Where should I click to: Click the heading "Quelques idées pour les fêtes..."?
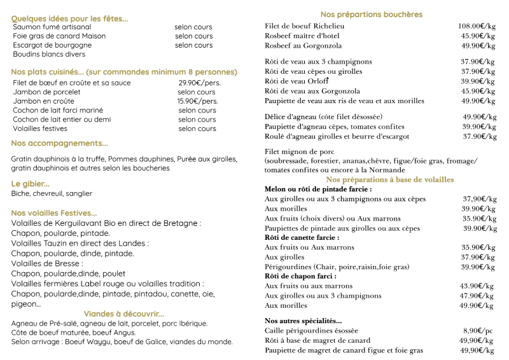pos(69,19)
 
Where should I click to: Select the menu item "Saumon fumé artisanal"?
pos(52,27)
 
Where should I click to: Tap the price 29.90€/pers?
pos(200,83)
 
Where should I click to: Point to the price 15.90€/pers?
pos(197,101)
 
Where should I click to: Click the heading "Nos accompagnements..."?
pos(60,144)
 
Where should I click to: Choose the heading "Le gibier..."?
pos(31,184)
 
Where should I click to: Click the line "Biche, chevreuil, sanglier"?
pos(52,193)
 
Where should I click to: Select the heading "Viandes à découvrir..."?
pos(124,314)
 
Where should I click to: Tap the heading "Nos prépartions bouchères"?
pos(372,15)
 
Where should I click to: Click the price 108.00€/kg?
pos(477,26)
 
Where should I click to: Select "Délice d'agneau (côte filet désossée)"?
pos(323,117)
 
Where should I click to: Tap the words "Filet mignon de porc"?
pos(299,152)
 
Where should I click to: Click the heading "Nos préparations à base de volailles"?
pos(390,179)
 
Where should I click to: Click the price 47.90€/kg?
pos(478,296)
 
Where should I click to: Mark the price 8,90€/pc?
pos(478,331)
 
